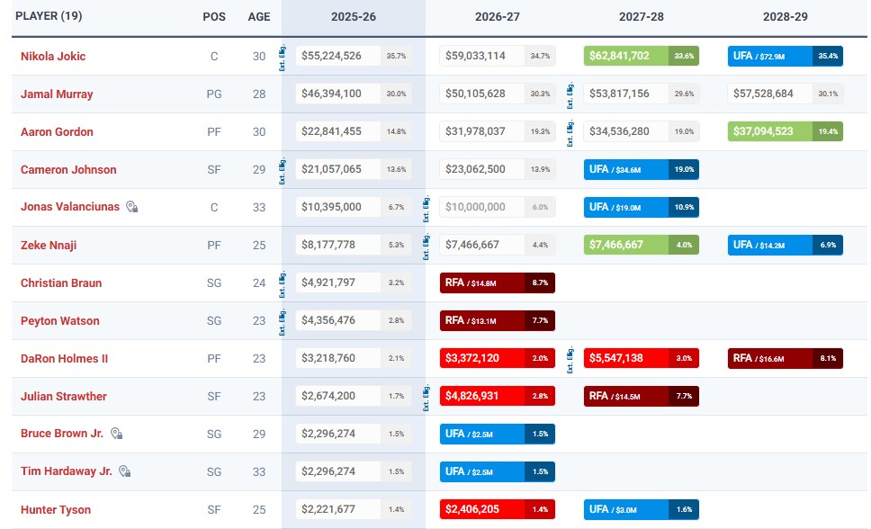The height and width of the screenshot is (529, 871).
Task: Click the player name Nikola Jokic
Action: tap(53, 56)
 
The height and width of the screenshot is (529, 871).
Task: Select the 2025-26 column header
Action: tap(353, 17)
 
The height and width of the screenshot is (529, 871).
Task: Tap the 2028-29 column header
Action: tap(785, 17)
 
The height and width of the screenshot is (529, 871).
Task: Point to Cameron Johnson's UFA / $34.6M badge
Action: tap(626, 169)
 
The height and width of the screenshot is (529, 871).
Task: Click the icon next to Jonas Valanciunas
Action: tap(131, 207)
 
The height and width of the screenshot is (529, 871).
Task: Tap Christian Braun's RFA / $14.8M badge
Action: tap(482, 282)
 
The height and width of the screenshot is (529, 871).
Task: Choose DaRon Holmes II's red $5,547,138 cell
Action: tap(626, 358)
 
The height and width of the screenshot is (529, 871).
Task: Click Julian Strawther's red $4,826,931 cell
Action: tap(482, 396)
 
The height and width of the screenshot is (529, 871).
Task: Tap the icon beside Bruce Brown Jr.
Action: tap(116, 434)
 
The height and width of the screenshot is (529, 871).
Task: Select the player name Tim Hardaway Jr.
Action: tap(66, 471)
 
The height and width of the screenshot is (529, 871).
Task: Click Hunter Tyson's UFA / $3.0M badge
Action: tap(626, 509)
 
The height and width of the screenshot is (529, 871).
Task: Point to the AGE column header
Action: tap(258, 17)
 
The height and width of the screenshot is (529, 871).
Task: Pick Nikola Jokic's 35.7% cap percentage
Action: tap(396, 56)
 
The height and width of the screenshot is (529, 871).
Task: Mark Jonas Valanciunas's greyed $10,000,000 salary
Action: tap(482, 207)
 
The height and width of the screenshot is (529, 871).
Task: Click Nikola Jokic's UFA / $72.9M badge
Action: tap(770, 56)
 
